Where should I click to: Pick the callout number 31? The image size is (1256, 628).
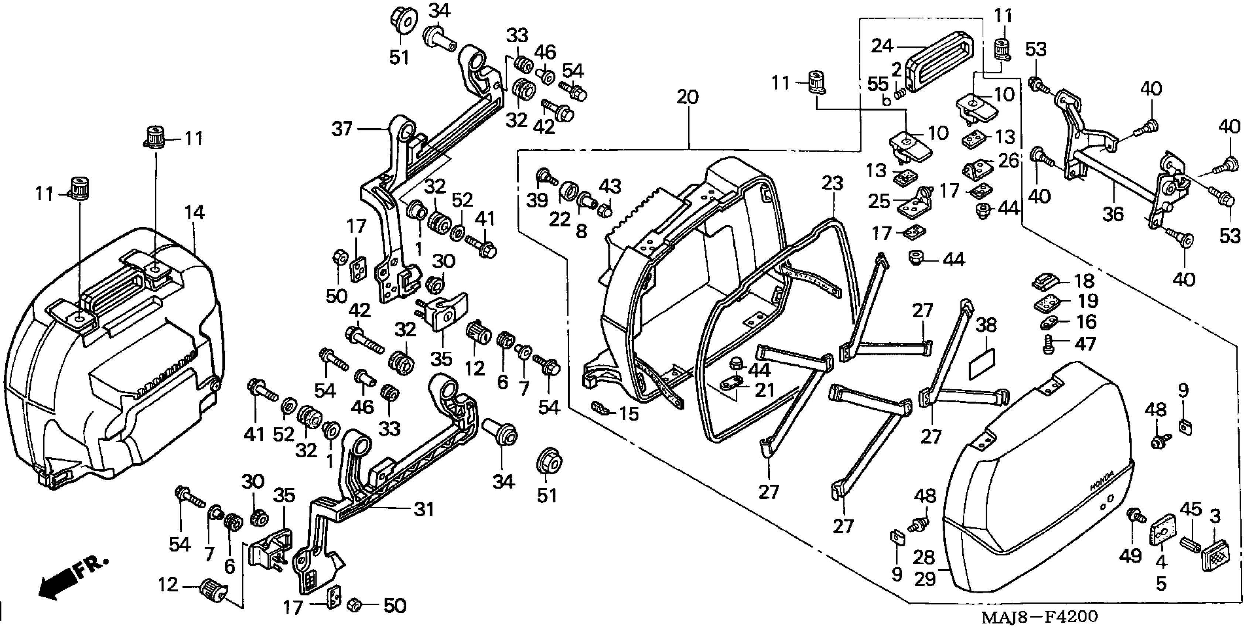(424, 509)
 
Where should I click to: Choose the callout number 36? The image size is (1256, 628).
(1113, 214)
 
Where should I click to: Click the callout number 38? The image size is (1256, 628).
(986, 325)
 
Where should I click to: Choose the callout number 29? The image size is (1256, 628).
(925, 579)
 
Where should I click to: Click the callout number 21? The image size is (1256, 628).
(765, 390)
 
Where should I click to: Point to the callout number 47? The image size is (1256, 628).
(1085, 344)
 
